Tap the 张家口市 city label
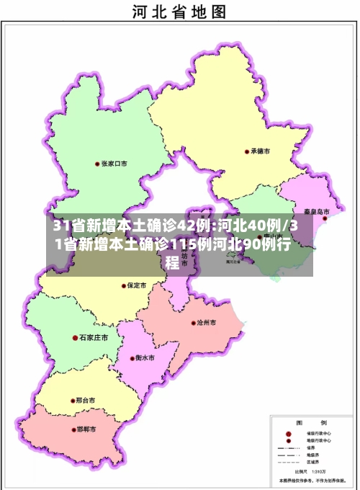tap(114, 164)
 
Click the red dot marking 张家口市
tap(97, 164)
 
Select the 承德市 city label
tap(260, 152)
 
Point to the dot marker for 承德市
tap(246, 152)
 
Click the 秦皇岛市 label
tap(316, 213)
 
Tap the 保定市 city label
tap(136, 285)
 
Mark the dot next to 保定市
tap(122, 285)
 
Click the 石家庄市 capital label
tap(94, 337)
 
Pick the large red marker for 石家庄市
tap(75, 337)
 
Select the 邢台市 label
tap(85, 400)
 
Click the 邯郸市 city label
tap(86, 430)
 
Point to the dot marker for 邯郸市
tap(72, 430)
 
